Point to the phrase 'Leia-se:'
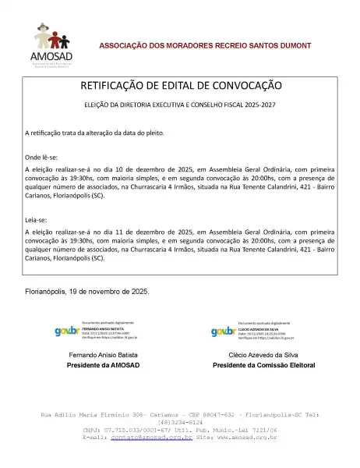click(x=36, y=221)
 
